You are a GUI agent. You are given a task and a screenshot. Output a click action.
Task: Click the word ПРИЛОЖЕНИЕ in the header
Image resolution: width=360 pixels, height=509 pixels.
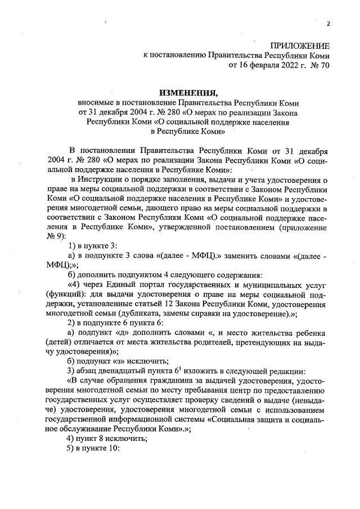(300, 45)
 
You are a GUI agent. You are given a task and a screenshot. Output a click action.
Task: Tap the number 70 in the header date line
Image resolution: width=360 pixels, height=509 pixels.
(324, 65)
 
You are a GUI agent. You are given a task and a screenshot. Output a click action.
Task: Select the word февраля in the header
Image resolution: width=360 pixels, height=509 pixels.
(262, 65)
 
